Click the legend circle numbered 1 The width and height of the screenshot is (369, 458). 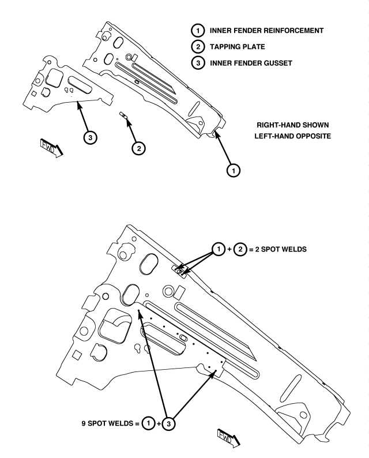(198, 31)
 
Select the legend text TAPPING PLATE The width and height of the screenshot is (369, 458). (238, 47)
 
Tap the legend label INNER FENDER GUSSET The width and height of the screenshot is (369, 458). (251, 63)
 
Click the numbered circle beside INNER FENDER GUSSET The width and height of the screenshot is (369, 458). (198, 63)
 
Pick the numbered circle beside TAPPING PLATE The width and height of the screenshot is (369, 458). (198, 47)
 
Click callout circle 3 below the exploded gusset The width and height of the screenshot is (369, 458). (90, 137)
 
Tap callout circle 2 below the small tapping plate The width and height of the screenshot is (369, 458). (139, 148)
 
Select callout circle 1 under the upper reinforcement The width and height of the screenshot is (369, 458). (234, 170)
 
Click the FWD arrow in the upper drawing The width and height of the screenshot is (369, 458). (51, 148)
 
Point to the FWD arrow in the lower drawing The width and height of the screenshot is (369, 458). (229, 438)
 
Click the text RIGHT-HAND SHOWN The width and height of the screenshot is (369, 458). (292, 125)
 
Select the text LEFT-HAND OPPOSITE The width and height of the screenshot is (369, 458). (292, 136)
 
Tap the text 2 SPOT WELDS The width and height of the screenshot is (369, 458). (281, 249)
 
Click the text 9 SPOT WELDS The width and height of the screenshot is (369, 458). (107, 423)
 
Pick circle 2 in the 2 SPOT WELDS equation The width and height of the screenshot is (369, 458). (240, 249)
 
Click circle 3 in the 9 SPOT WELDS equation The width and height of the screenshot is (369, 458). (168, 423)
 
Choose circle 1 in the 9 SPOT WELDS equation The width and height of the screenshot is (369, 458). (148, 423)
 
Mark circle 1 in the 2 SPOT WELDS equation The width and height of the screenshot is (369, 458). (219, 249)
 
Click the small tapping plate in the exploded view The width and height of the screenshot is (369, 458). (123, 115)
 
